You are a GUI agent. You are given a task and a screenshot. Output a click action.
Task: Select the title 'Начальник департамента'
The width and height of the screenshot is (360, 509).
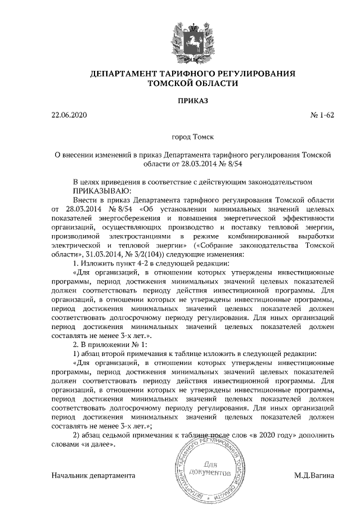point(93,475)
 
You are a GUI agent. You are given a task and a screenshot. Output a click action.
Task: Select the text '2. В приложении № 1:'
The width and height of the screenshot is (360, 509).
point(110,344)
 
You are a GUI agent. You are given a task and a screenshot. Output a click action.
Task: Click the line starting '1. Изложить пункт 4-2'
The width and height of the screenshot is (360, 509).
point(160,263)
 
